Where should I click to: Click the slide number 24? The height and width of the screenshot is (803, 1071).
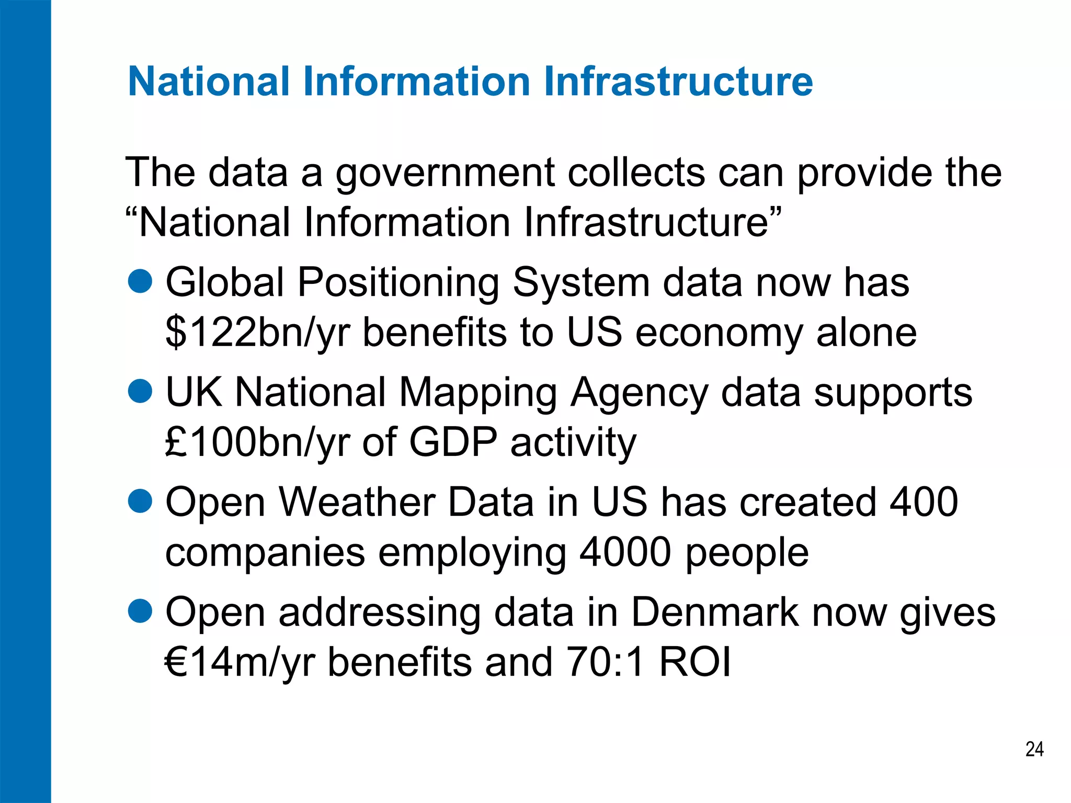point(1034,749)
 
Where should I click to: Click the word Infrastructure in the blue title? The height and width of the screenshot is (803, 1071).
point(678,82)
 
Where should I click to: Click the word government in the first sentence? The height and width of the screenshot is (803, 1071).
point(445,174)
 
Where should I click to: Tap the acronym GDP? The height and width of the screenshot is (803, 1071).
point(453,442)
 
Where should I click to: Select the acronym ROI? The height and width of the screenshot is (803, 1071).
point(695,662)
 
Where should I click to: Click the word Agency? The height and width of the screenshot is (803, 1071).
point(639,393)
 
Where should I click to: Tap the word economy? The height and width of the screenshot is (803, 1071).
point(719,334)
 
